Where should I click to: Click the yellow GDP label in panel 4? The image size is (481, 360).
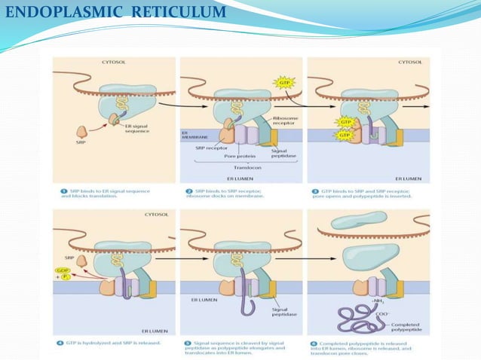pos(61,269)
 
